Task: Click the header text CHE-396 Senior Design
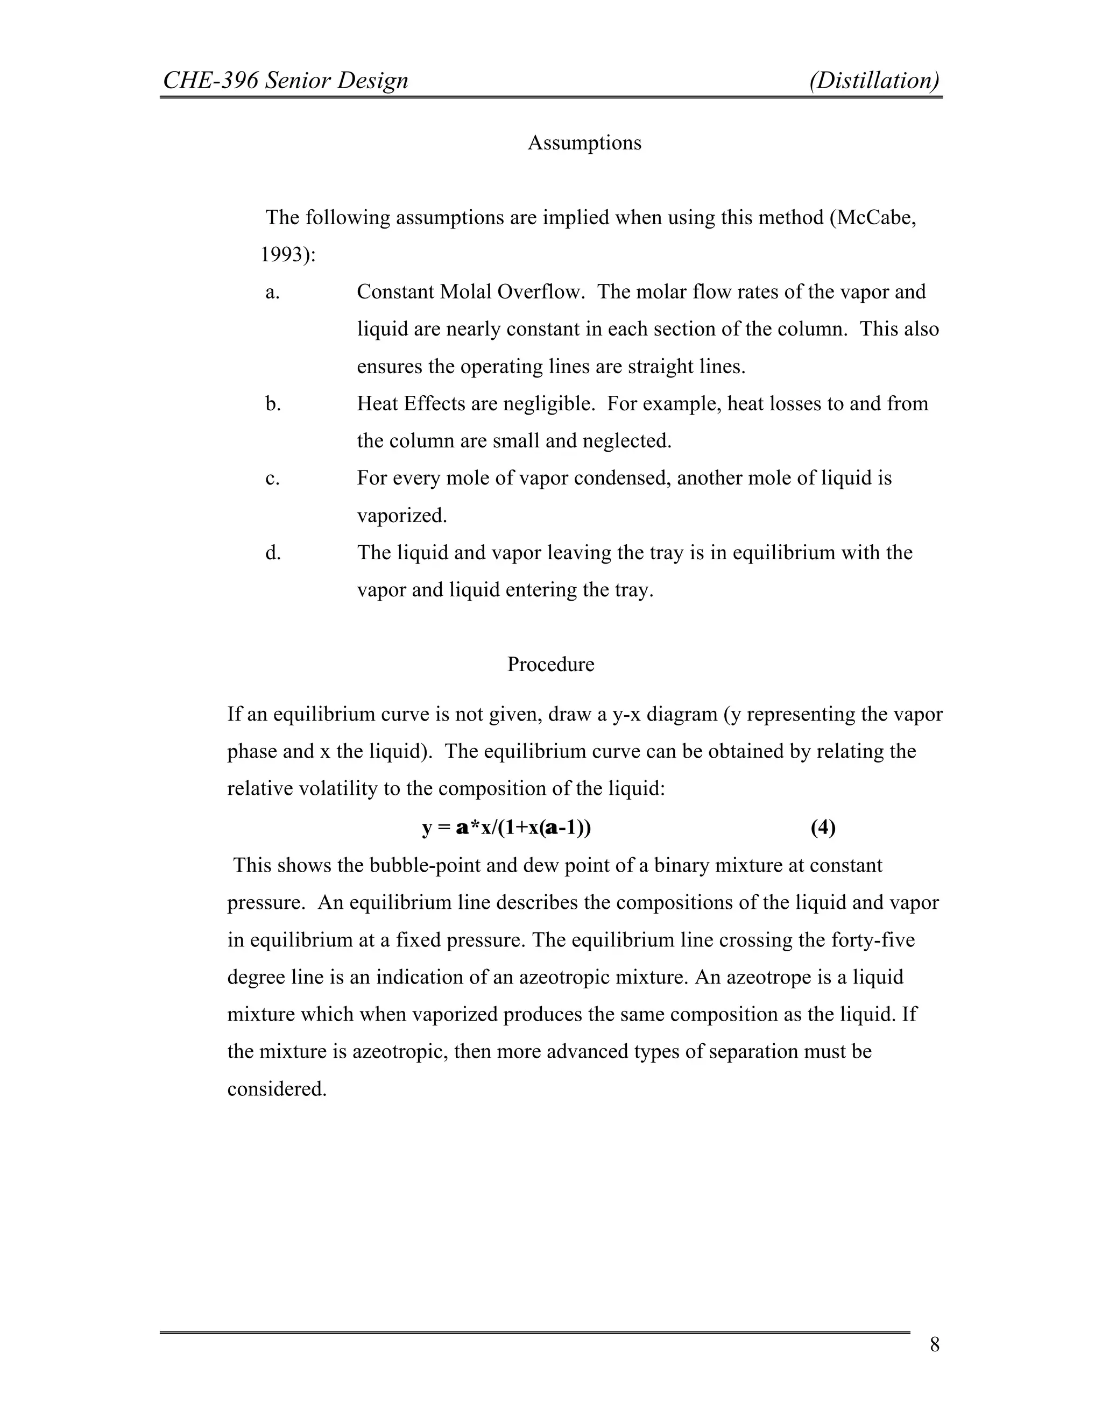pos(285,80)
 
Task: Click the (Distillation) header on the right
pos(874,80)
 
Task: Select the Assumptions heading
pos(584,143)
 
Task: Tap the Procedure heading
pos(550,664)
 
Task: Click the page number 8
pos(934,1345)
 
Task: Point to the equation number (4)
pos(823,828)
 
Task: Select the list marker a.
pos(272,291)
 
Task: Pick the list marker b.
pos(273,404)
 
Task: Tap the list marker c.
pos(272,478)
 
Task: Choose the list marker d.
pos(273,553)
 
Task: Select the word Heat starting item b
pos(377,404)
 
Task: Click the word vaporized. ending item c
pos(401,516)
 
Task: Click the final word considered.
pos(276,1088)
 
